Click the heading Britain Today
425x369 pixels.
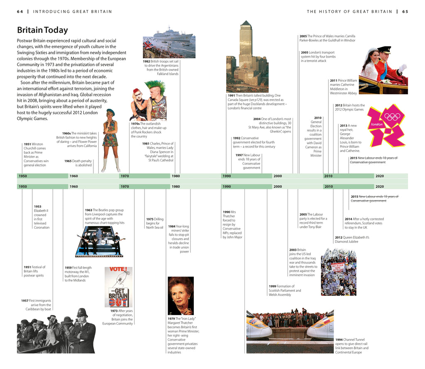[42, 30]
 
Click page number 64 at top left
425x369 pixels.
[20, 12]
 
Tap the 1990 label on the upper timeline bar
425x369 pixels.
[227, 176]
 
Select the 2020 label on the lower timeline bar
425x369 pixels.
[379, 187]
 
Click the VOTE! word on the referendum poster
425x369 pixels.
[117, 269]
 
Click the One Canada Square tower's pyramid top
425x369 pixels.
[246, 23]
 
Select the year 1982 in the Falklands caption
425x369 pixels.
[146, 61]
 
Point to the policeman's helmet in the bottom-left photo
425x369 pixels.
[82, 313]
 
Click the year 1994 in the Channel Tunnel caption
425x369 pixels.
[339, 340]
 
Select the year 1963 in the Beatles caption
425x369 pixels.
[88, 210]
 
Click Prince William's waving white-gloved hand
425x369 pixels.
[403, 67]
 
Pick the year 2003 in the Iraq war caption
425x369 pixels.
[293, 250]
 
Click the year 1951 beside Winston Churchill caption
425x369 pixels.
[27, 144]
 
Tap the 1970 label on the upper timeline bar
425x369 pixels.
[125, 176]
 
